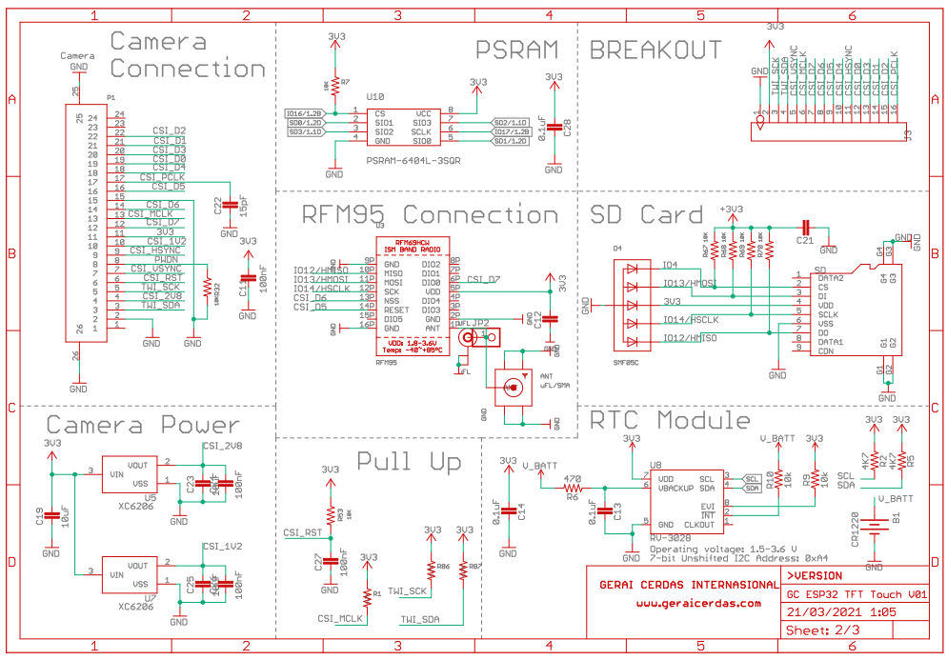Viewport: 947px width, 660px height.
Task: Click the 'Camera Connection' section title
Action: [187, 55]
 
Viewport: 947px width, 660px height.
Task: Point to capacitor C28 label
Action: [567, 128]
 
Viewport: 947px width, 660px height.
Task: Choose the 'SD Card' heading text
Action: [647, 215]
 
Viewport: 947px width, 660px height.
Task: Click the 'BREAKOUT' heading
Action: [656, 50]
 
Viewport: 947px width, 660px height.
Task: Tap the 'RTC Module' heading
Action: [670, 420]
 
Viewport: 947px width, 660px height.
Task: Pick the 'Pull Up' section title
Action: [409, 462]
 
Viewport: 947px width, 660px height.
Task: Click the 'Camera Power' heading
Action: [143, 425]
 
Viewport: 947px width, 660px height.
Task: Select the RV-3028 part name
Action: [672, 538]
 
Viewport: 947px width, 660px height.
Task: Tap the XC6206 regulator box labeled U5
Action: [131, 473]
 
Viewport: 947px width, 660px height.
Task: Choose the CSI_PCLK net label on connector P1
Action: [162, 177]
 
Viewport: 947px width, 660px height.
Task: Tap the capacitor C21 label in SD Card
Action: [804, 241]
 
